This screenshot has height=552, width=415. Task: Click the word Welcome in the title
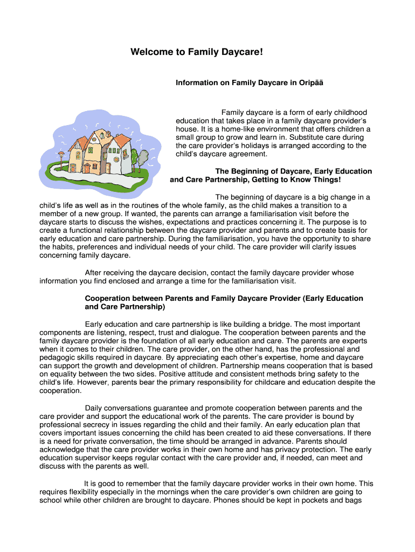tap(149, 52)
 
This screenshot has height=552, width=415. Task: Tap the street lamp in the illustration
tap(61, 156)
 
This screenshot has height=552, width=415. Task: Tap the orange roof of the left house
tap(76, 144)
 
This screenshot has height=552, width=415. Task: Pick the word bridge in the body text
tap(276, 324)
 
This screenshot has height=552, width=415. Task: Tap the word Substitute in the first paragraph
tap(294, 137)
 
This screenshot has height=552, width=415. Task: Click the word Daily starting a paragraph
tap(94, 408)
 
